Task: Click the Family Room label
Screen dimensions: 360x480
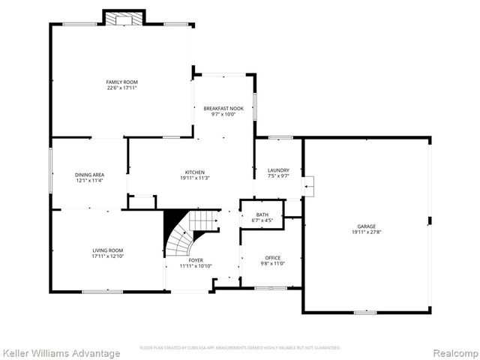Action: pyautogui.click(x=121, y=82)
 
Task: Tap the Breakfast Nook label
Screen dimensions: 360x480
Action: pyautogui.click(x=223, y=109)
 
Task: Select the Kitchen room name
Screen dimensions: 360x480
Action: pyautogui.click(x=195, y=172)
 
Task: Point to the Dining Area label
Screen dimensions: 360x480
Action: pyautogui.click(x=89, y=175)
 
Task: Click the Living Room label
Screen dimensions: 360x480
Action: pyautogui.click(x=107, y=250)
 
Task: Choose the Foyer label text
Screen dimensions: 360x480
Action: pyautogui.click(x=196, y=260)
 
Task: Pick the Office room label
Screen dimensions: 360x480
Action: pyautogui.click(x=272, y=258)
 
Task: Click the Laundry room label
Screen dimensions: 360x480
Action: pyautogui.click(x=278, y=170)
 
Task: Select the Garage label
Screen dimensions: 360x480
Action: pyautogui.click(x=367, y=226)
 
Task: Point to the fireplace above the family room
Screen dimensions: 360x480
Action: pyautogui.click(x=124, y=17)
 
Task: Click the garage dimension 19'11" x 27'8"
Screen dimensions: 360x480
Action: pyautogui.click(x=367, y=232)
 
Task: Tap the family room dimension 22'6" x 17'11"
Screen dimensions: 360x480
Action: pyautogui.click(x=121, y=88)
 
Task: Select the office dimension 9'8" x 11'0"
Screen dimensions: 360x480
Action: pyautogui.click(x=272, y=264)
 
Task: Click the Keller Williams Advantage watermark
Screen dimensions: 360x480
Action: pyautogui.click(x=61, y=353)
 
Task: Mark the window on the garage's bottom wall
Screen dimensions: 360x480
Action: pyautogui.click(x=365, y=313)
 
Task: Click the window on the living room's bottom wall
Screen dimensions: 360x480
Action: pyautogui.click(x=103, y=292)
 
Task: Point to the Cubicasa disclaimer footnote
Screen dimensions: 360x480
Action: pyautogui.click(x=240, y=348)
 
